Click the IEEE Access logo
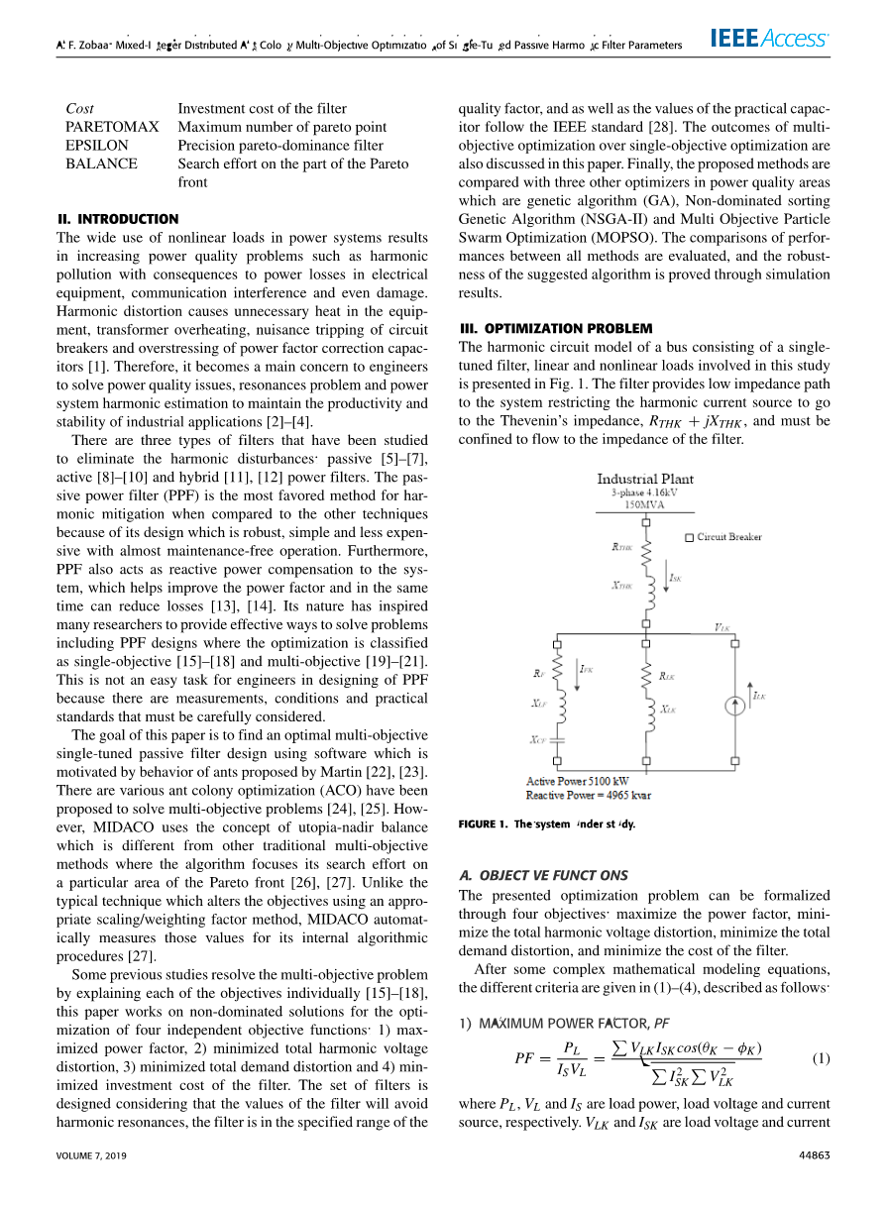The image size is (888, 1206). [x=769, y=40]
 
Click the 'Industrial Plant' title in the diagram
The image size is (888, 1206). [x=645, y=479]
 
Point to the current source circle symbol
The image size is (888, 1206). [x=734, y=707]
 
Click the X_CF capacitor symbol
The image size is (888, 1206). [x=557, y=739]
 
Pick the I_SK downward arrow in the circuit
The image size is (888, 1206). [x=667, y=579]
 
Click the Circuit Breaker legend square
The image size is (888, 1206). [x=690, y=537]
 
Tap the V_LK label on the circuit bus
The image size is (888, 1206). [x=722, y=627]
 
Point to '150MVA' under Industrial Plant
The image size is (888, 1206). [x=645, y=504]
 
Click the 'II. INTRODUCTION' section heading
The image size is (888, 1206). [x=118, y=219]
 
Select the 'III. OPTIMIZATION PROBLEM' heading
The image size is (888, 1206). [x=556, y=328]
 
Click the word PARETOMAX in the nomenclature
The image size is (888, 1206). [x=112, y=127]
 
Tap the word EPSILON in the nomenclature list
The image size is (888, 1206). [x=97, y=145]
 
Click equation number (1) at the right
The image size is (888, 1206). [x=820, y=1058]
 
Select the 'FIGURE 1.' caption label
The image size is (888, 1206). [x=483, y=823]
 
